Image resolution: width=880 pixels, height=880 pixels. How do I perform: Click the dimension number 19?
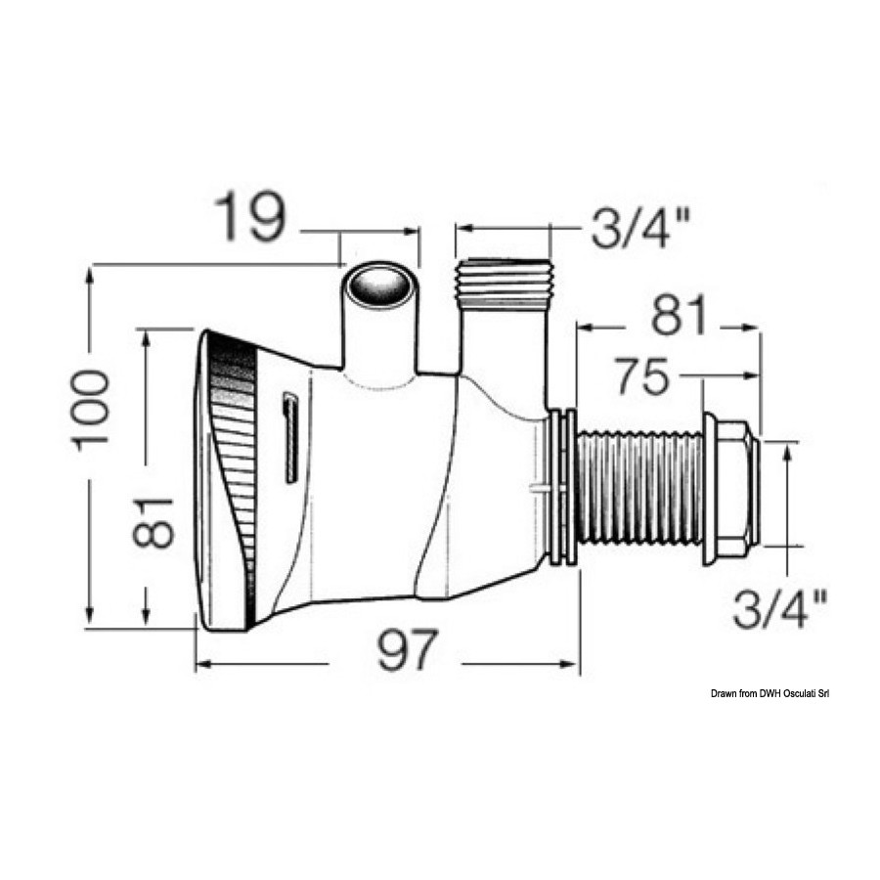[249, 216]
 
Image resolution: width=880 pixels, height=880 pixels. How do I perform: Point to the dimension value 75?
[643, 376]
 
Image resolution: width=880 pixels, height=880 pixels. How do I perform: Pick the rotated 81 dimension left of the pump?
[154, 521]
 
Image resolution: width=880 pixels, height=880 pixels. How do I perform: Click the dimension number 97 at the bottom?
[407, 649]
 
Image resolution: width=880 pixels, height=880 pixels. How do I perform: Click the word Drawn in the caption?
[724, 694]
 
